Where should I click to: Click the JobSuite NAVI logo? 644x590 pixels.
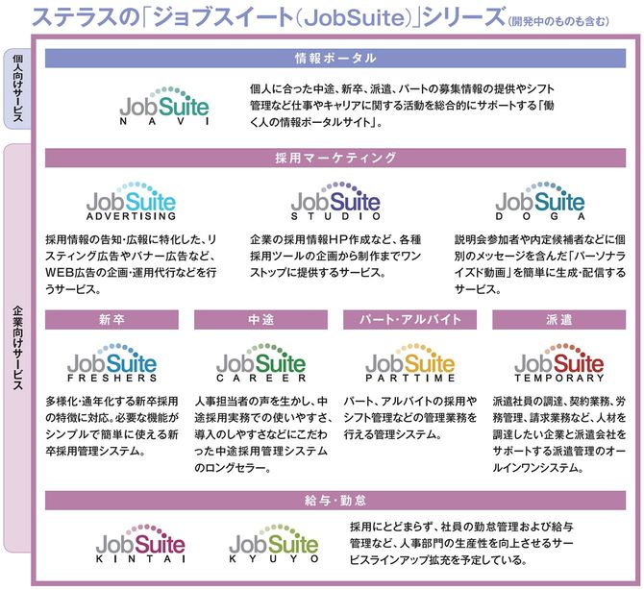(x=164, y=106)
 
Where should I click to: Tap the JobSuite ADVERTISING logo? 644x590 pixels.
(x=131, y=201)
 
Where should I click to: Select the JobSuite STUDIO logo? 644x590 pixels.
(x=335, y=201)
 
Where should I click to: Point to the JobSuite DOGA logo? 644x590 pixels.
(x=540, y=201)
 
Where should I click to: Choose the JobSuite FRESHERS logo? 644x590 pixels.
(x=112, y=362)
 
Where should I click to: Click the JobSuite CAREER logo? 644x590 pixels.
(x=261, y=362)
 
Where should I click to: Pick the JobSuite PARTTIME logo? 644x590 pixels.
(x=410, y=362)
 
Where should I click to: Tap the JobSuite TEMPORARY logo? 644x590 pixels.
(x=559, y=362)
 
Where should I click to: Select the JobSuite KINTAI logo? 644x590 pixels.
(x=140, y=543)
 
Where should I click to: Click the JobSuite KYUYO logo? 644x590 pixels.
(x=274, y=543)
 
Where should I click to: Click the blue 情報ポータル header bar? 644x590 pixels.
(x=335, y=58)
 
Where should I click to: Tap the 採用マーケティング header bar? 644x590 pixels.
(x=335, y=158)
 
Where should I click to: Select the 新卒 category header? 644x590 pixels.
(x=111, y=319)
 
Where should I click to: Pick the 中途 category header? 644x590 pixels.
(x=260, y=319)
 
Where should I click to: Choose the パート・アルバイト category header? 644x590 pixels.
(x=409, y=319)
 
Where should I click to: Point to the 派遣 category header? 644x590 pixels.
(x=559, y=319)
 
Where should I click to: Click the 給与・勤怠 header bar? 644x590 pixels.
(x=335, y=500)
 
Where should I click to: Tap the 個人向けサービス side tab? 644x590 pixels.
(x=17, y=88)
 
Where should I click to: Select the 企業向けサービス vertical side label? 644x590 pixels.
(x=17, y=347)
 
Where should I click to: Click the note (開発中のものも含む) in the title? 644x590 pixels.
(x=558, y=21)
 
